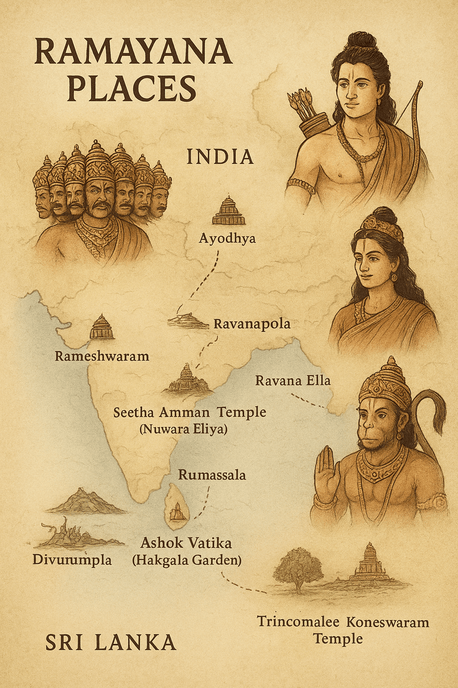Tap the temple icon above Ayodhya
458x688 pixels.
click(x=228, y=211)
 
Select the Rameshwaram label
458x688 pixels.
click(x=102, y=356)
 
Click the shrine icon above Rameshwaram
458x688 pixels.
click(x=102, y=327)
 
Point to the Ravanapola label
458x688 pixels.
click(x=252, y=324)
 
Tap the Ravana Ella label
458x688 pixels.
click(x=293, y=381)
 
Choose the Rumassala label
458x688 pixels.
click(x=212, y=475)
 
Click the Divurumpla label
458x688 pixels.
click(x=72, y=559)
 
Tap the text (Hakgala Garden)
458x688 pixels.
click(x=186, y=560)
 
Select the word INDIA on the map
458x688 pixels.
click(x=220, y=157)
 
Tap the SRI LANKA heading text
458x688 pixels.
click(x=111, y=643)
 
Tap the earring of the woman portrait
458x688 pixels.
click(x=395, y=276)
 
